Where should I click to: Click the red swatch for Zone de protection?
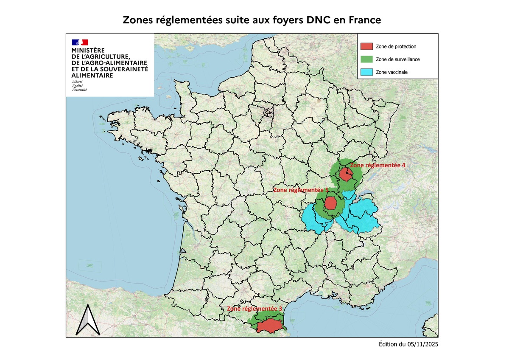[x=367, y=46]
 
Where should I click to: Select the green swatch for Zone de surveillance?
[x=367, y=59]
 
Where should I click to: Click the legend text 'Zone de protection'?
[x=396, y=46]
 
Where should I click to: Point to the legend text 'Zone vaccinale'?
[x=392, y=73]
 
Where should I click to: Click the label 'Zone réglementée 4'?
[x=378, y=165]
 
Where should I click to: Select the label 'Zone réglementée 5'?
[x=301, y=191]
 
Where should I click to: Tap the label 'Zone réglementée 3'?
[x=255, y=309]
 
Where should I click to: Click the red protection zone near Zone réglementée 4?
[x=346, y=175]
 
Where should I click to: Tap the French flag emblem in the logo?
[x=80, y=42]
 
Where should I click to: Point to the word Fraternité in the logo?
[x=79, y=90]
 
